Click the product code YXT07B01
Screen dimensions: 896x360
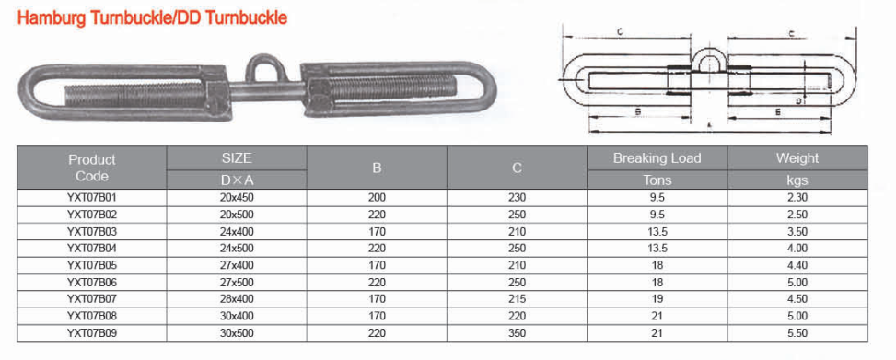(x=92, y=198)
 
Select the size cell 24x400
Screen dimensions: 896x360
(x=237, y=232)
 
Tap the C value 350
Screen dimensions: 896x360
(x=517, y=333)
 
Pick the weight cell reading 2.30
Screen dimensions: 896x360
(x=797, y=198)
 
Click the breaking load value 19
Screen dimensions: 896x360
(x=657, y=299)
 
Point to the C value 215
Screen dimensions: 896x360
(x=517, y=299)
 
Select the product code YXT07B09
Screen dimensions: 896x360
(x=92, y=333)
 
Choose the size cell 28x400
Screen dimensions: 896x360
(x=237, y=299)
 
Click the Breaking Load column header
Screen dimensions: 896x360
(x=657, y=158)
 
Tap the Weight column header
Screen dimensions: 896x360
(x=797, y=158)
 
